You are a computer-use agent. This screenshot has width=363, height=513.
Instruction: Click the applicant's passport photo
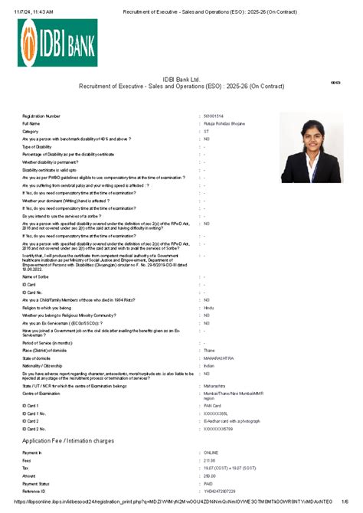(x=311, y=147)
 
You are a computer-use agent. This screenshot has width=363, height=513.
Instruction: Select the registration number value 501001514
(x=214, y=116)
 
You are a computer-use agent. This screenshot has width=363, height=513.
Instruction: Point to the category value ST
(x=206, y=131)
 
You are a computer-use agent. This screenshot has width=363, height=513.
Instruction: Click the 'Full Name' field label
(x=31, y=123)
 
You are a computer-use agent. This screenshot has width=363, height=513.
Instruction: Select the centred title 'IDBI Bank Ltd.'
(x=181, y=79)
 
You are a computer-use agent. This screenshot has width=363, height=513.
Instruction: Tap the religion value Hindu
(x=209, y=307)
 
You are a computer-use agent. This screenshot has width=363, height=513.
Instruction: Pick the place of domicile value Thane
(x=209, y=350)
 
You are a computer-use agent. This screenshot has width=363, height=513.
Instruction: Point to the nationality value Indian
(x=209, y=365)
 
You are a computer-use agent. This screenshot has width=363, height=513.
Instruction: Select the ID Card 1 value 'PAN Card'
(x=213, y=405)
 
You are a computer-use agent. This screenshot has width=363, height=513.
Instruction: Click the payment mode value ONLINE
(x=211, y=454)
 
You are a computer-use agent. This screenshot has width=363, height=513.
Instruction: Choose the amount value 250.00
(x=209, y=476)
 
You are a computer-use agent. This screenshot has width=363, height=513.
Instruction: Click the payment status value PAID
(x=208, y=484)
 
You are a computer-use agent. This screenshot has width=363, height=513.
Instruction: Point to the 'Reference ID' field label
(x=34, y=491)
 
